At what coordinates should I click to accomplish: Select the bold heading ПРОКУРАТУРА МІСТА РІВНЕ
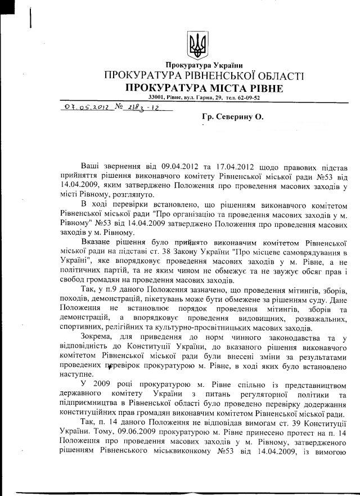click(x=204, y=88)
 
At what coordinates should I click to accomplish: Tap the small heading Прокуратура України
click(x=204, y=65)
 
